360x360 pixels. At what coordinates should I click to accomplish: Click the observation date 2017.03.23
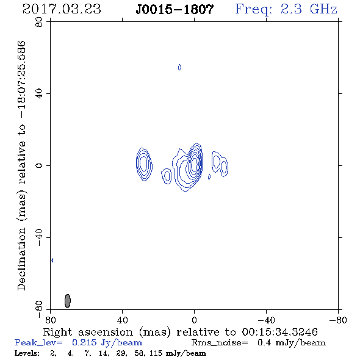62,9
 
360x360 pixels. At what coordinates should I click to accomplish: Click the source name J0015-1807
175,10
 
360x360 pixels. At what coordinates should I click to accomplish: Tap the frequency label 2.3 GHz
309,9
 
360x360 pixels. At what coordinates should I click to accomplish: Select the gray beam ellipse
68,301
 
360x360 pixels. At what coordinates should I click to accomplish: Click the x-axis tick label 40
122,320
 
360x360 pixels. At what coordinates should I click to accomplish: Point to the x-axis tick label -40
266,320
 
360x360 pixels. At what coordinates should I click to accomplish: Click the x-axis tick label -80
338,320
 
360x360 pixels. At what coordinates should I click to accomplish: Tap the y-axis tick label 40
39,94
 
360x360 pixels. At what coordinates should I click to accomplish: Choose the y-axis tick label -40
39,237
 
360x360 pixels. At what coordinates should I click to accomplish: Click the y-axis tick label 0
39,165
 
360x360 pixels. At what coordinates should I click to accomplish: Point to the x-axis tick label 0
194,320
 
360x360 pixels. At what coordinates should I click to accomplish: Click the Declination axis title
21,165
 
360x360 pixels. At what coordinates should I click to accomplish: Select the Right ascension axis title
181,332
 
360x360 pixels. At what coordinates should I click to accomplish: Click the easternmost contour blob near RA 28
144,164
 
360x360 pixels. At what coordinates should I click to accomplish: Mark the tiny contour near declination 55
179,67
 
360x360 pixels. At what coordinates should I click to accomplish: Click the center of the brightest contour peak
195,164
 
